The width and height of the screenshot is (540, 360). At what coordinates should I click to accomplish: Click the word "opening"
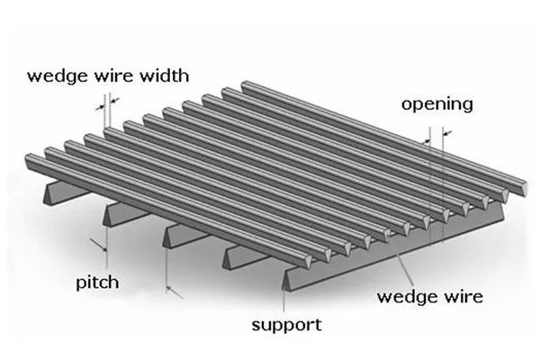coord(436,105)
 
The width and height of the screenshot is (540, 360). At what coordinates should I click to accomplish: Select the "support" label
coord(285,324)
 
